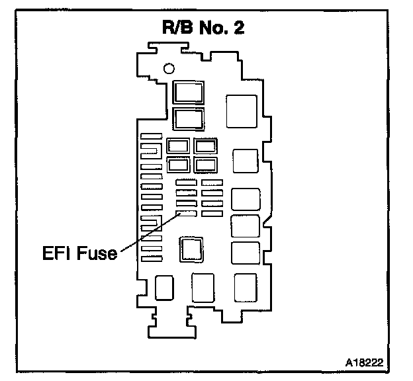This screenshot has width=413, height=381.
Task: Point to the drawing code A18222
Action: [364, 363]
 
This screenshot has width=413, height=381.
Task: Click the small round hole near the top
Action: [168, 67]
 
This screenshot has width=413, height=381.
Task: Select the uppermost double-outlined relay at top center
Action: [189, 91]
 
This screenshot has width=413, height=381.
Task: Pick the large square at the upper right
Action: [241, 111]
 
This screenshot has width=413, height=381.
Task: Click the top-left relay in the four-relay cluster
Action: [179, 146]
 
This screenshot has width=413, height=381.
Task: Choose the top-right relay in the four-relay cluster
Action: [206, 146]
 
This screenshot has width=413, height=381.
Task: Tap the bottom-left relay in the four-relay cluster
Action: [179, 164]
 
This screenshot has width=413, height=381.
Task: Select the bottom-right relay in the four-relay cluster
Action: [206, 164]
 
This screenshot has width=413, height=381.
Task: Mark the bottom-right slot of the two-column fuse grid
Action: [212, 214]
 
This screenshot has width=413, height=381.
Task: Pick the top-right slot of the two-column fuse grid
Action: [212, 181]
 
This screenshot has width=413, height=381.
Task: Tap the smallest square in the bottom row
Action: [163, 287]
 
